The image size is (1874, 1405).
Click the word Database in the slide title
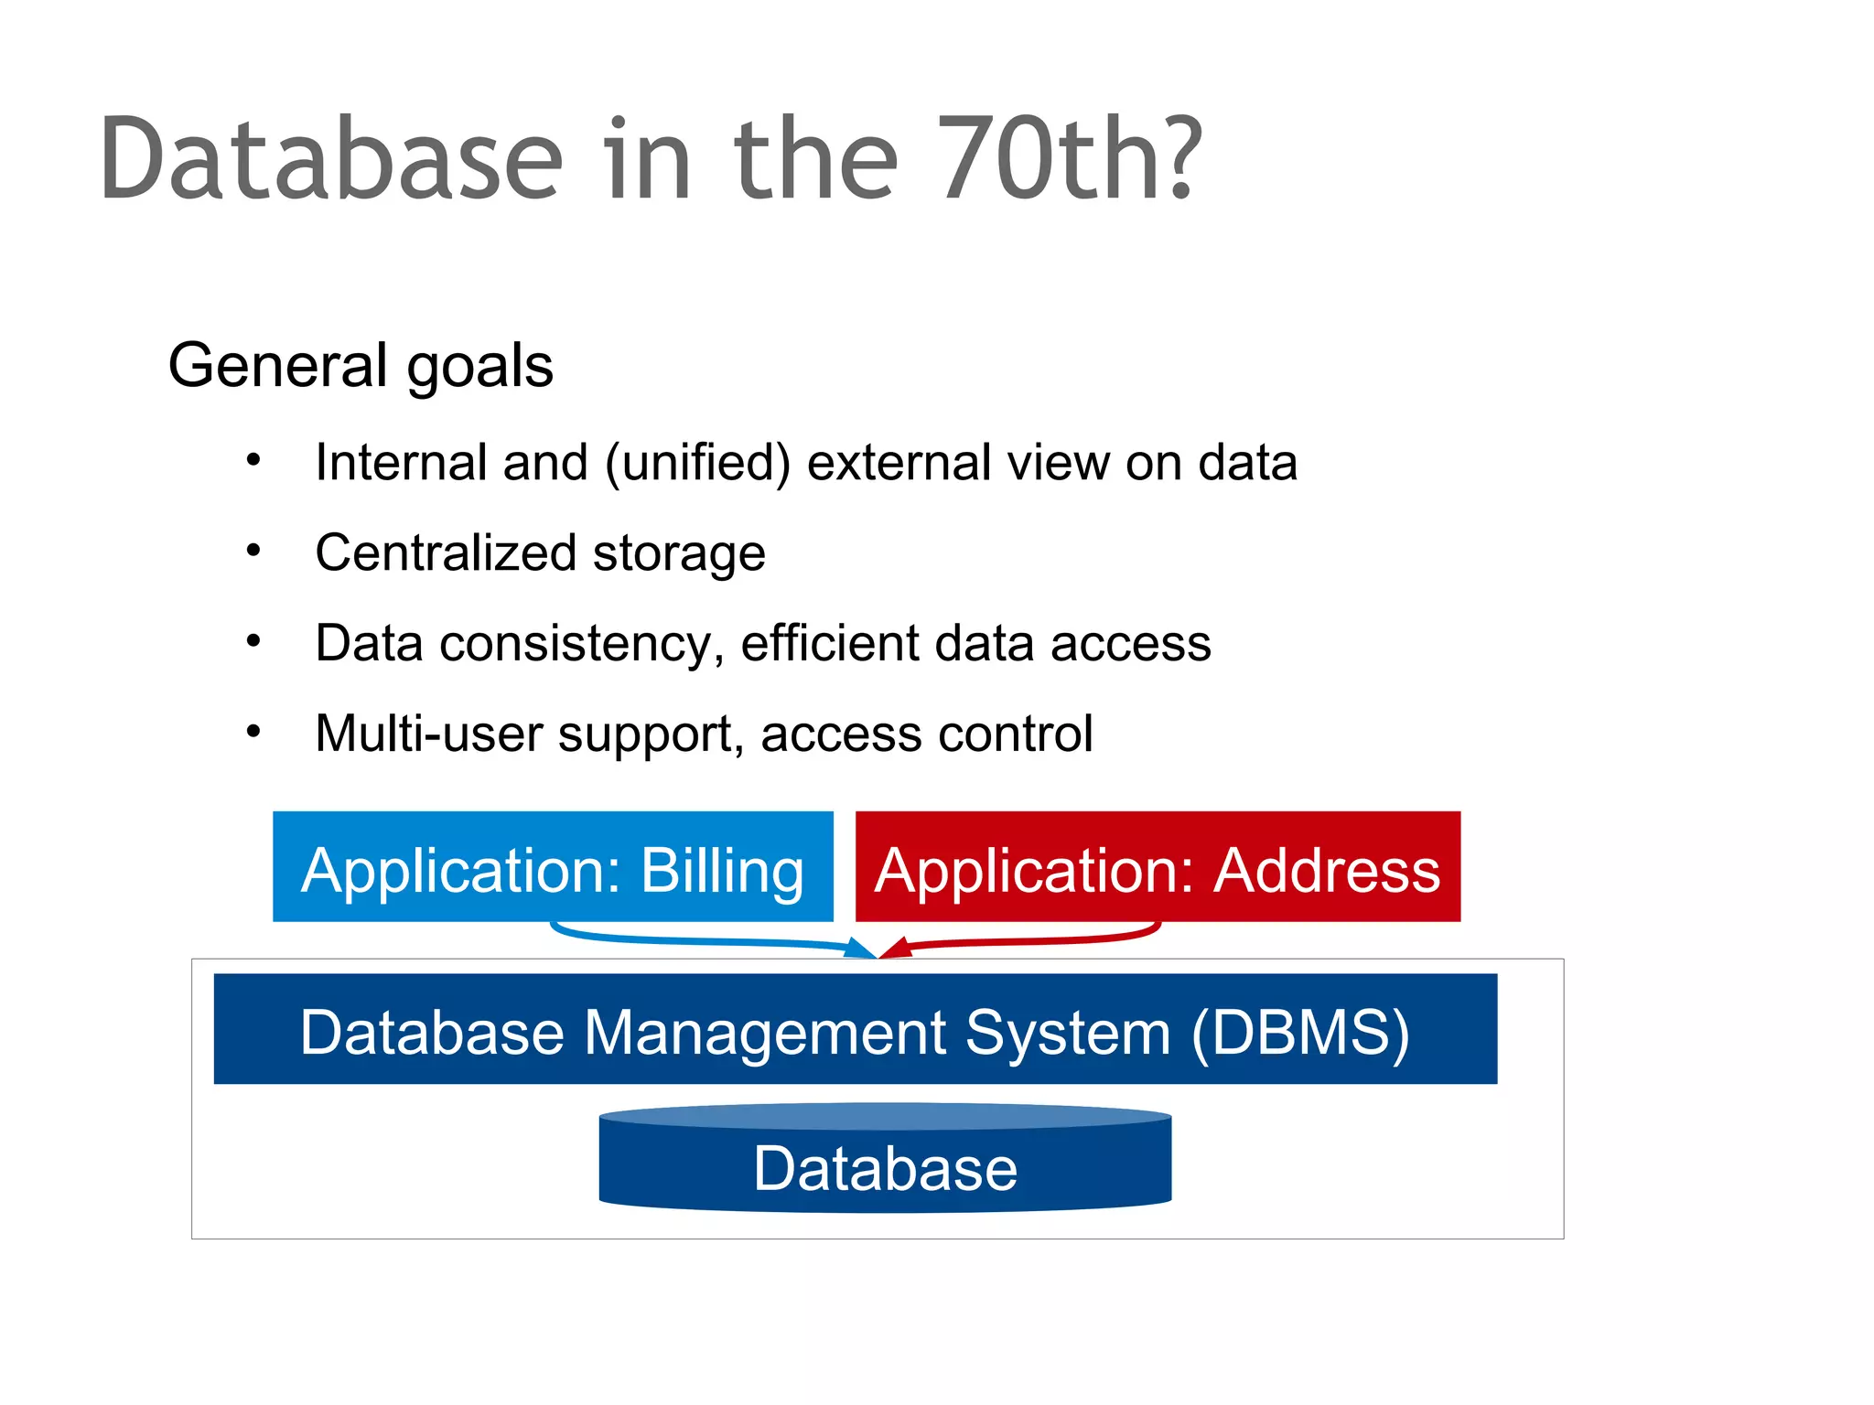point(331,160)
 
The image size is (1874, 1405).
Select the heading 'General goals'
point(361,366)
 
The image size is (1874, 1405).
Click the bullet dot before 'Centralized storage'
point(253,551)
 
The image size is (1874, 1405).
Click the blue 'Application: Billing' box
point(553,866)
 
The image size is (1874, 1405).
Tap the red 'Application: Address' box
point(1158,866)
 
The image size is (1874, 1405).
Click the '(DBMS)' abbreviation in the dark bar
point(1299,1033)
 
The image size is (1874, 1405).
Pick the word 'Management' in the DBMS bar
point(765,1033)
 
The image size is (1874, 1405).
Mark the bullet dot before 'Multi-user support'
point(253,732)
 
